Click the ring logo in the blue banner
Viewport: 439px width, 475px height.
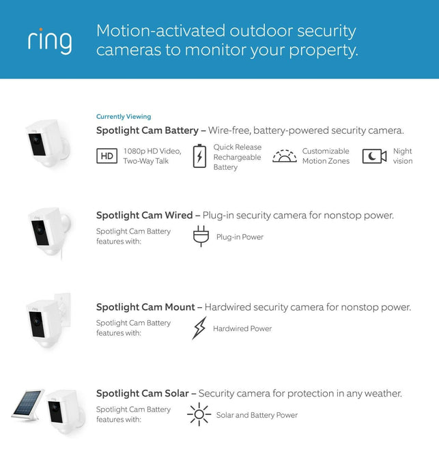point(50,41)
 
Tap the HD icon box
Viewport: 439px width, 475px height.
point(107,156)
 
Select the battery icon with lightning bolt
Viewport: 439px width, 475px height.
point(199,156)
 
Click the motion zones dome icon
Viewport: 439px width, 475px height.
point(284,156)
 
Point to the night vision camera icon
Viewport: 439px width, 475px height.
point(374,156)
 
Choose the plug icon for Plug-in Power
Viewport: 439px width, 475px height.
point(201,236)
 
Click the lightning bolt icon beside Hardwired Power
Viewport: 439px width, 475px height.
point(199,328)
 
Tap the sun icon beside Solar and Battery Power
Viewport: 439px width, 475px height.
point(199,414)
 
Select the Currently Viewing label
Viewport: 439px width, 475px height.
point(124,116)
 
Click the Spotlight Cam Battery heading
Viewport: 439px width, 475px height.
point(147,130)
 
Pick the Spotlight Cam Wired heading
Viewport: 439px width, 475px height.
point(144,215)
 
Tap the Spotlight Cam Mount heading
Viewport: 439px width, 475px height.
point(145,307)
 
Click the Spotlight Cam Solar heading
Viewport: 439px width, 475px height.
point(143,393)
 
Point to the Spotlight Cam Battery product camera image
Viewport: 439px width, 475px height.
point(48,143)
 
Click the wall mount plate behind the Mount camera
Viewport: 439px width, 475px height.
point(63,310)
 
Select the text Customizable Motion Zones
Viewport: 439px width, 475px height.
point(326,156)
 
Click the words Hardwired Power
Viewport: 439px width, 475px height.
point(242,328)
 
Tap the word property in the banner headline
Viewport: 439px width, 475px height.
point(323,51)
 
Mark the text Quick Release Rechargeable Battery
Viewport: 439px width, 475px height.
point(237,157)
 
